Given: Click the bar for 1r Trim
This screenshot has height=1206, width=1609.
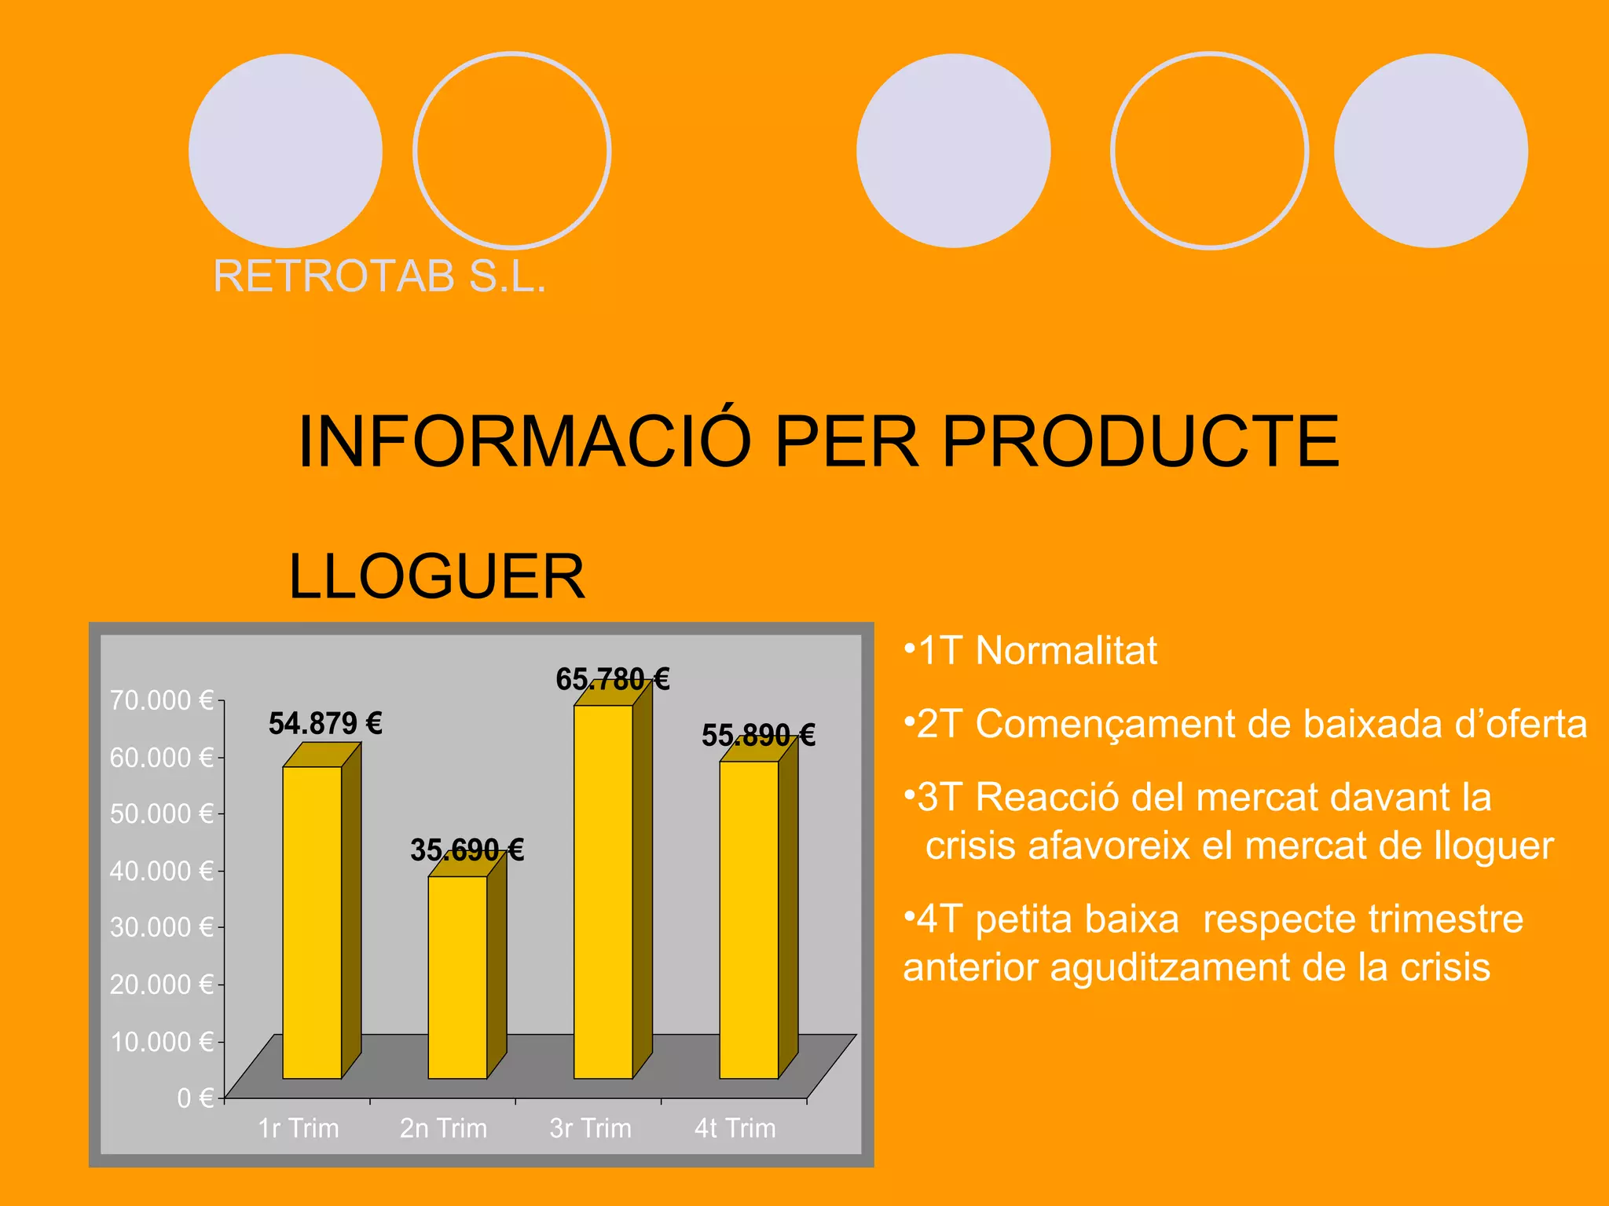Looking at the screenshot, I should (312, 922).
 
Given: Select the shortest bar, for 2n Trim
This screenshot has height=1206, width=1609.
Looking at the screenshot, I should (457, 977).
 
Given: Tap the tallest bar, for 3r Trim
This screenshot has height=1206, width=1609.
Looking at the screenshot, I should (603, 891).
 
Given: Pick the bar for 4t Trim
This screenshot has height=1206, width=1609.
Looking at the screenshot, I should (749, 919).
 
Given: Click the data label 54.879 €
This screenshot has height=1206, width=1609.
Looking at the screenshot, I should (325, 723).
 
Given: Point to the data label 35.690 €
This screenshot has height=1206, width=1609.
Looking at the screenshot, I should (467, 850).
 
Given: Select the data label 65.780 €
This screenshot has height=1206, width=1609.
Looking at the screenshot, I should (612, 679).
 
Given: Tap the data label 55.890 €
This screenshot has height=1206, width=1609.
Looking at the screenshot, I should (758, 736).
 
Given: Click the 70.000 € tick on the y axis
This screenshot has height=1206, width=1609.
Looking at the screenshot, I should (161, 700).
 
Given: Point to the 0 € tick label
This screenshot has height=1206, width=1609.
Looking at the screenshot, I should (195, 1098).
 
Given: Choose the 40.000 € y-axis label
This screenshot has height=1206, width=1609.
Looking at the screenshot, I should (161, 871).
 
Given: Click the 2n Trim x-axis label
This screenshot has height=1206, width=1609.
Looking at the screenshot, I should (443, 1128).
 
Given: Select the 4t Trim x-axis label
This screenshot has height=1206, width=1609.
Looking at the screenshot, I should (735, 1128).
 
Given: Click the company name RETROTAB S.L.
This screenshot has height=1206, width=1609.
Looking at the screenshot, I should (379, 276).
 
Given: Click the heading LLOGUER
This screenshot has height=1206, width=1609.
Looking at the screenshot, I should (437, 576).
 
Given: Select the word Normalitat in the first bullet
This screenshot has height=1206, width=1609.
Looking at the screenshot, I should (1065, 651).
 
